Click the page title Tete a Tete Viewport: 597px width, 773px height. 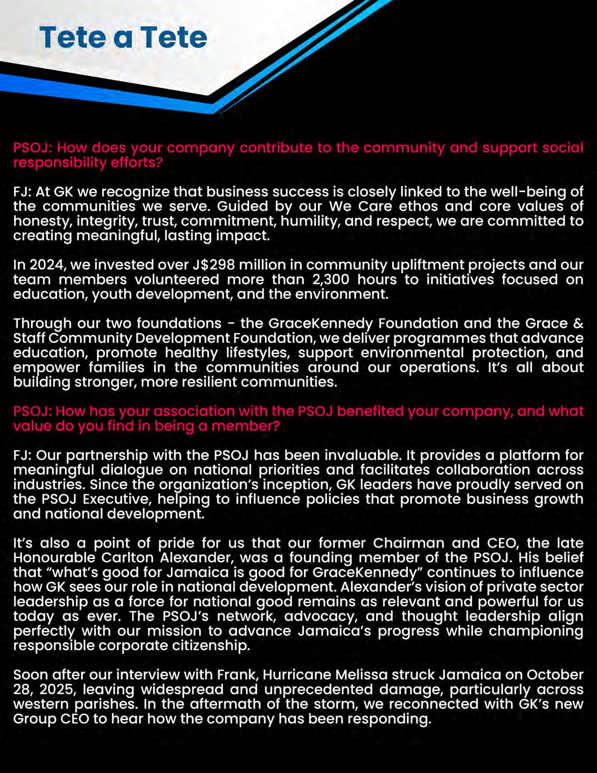123,37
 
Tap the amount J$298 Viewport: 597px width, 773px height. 214,265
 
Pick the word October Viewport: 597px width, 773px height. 555,675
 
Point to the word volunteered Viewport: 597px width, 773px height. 177,279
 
